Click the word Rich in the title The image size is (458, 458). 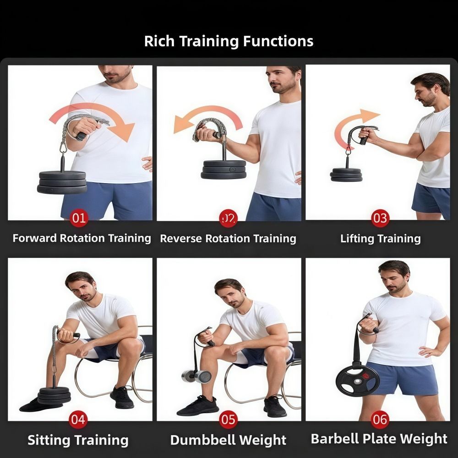[x=159, y=41]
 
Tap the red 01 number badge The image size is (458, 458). [x=79, y=218]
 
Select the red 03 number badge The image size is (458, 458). [x=380, y=218]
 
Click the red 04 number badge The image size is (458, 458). [x=78, y=420]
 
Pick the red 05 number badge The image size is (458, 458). [x=228, y=420]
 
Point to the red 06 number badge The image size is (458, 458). [x=380, y=420]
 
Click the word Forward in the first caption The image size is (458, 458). [x=35, y=238]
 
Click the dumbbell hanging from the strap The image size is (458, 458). [x=196, y=376]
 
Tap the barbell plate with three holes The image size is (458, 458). [x=357, y=382]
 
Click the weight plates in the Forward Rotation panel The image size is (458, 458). [x=62, y=183]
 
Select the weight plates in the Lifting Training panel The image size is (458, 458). [x=346, y=174]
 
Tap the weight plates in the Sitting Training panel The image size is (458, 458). [x=55, y=396]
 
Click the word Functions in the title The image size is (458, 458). [x=278, y=41]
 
